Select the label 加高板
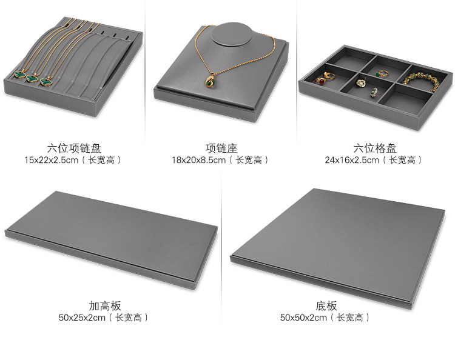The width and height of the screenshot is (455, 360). point(104,306)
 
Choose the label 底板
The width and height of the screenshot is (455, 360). point(326,306)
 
